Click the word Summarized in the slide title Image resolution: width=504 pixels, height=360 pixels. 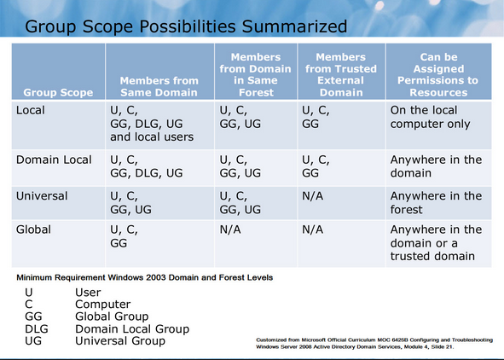point(294,26)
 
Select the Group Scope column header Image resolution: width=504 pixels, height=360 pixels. point(58,93)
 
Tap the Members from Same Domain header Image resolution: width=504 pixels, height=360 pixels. point(159,86)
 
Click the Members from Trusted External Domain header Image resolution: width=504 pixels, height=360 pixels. point(341,74)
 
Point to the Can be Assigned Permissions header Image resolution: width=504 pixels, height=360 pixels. point(438,74)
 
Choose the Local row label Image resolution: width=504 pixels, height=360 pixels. point(31,110)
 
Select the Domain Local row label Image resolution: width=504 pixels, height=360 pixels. point(54,160)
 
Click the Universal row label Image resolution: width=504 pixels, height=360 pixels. point(42,196)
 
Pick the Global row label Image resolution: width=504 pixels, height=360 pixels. point(33,229)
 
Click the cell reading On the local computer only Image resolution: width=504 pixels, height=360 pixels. point(430,118)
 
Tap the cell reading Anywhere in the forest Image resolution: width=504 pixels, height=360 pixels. point(436,203)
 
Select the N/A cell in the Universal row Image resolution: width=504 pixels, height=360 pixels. point(312,196)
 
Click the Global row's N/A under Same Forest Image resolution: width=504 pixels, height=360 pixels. point(230,229)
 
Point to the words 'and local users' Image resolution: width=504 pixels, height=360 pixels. point(152,137)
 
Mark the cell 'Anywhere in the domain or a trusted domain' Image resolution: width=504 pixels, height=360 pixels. point(436,242)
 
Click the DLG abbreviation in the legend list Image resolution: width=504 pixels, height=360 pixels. point(37,328)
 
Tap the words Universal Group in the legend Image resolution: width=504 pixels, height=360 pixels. point(120,340)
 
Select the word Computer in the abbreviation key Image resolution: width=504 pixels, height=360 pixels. point(103,304)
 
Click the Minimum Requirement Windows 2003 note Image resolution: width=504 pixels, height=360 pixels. point(145,277)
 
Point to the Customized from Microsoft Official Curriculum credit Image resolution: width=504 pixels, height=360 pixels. point(374,343)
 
